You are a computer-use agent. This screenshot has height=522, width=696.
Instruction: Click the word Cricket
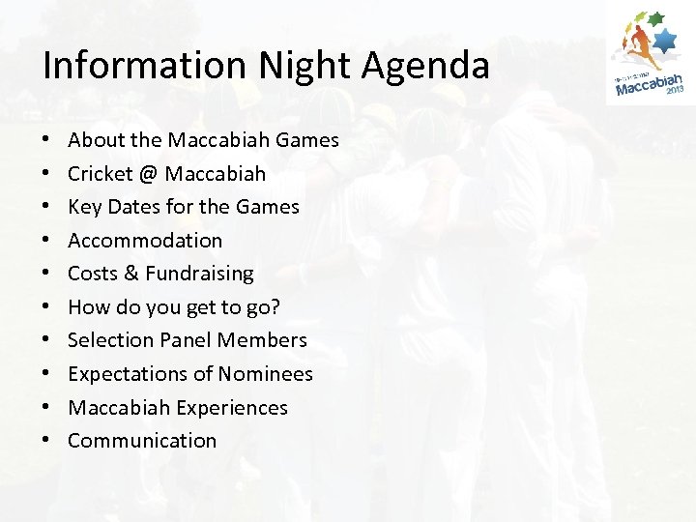[x=100, y=174]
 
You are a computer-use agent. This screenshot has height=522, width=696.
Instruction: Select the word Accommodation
[x=145, y=240]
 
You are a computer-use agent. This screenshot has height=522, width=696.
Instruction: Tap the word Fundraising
[x=199, y=274]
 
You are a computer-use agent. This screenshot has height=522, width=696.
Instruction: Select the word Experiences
[x=232, y=407]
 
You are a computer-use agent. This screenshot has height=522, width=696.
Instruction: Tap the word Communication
[x=142, y=440]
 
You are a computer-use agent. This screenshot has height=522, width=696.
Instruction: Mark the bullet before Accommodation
[x=48, y=241]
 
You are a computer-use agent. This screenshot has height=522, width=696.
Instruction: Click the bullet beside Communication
[x=48, y=441]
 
